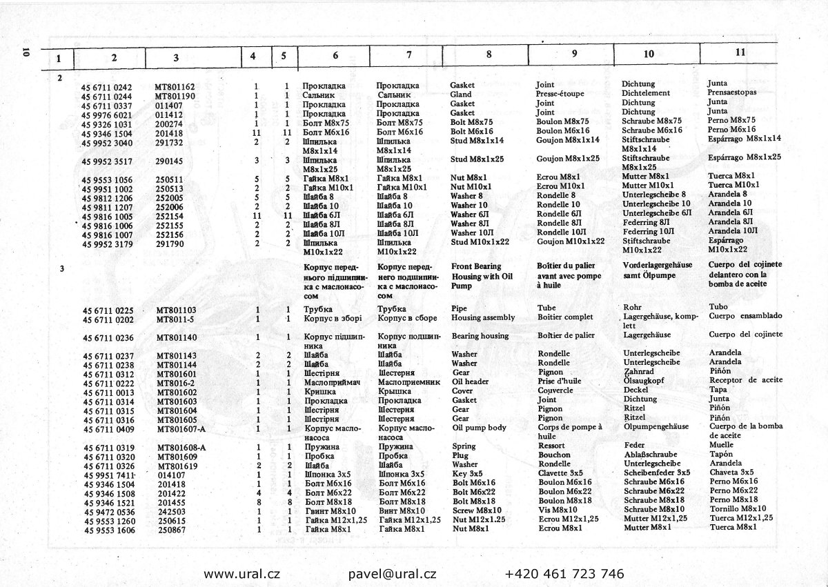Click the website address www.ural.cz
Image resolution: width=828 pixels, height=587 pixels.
241,573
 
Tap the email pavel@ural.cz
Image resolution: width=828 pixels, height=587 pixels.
392,573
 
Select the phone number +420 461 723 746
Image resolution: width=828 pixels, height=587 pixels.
564,573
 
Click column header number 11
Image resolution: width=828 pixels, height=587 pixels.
740,52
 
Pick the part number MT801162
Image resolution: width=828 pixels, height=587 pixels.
175,87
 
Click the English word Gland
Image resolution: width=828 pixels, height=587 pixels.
461,94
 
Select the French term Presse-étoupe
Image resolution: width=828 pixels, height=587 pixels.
560,94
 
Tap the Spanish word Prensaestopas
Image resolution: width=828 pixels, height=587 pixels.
732,92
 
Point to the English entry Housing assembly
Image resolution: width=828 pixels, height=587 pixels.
483,318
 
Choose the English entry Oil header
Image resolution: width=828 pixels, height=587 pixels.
471,381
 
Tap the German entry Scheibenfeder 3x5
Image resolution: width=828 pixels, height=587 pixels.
656,473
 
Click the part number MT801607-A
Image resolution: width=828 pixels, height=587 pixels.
181,428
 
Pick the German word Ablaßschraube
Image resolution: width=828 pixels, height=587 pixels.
651,455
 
